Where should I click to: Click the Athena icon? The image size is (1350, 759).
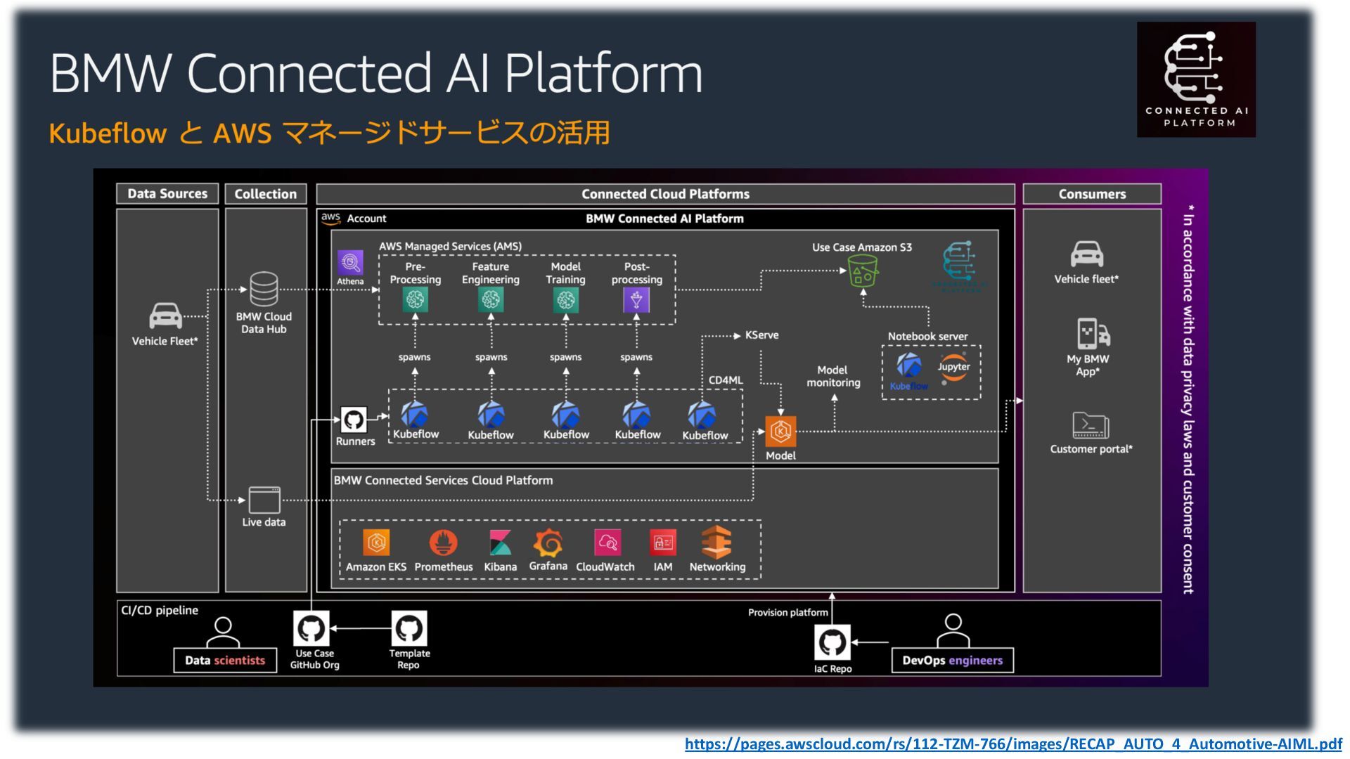pyautogui.click(x=350, y=264)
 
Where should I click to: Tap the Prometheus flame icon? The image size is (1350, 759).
pyautogui.click(x=443, y=543)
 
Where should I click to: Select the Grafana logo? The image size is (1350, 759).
pyautogui.click(x=548, y=543)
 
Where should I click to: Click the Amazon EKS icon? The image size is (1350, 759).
pyautogui.click(x=376, y=543)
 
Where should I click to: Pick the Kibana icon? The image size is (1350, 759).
pyautogui.click(x=500, y=543)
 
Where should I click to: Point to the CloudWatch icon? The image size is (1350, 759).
pyautogui.click(x=607, y=543)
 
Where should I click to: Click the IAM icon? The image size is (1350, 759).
pyautogui.click(x=663, y=543)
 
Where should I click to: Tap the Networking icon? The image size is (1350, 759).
pyautogui.click(x=716, y=542)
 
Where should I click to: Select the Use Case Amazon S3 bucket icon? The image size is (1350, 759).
pyautogui.click(x=863, y=271)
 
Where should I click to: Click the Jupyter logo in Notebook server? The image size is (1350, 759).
pyautogui.click(x=953, y=368)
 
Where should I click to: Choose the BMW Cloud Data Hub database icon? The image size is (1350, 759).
pyautogui.click(x=264, y=289)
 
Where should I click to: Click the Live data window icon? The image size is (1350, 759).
pyautogui.click(x=264, y=500)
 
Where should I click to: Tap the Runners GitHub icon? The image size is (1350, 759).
pyautogui.click(x=354, y=420)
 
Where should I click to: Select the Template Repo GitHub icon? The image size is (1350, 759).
pyautogui.click(x=409, y=628)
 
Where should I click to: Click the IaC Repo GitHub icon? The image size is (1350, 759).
pyautogui.click(x=832, y=642)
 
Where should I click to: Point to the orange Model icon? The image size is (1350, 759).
pyautogui.click(x=780, y=432)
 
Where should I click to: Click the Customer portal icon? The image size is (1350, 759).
pyautogui.click(x=1091, y=425)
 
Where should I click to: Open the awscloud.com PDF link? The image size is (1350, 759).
pyautogui.click(x=1013, y=744)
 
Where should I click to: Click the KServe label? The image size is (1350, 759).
pyautogui.click(x=761, y=335)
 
